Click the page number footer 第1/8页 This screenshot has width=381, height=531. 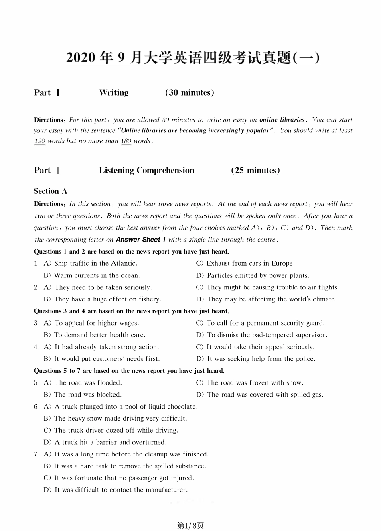click(x=190, y=525)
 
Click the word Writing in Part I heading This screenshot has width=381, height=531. click(x=114, y=93)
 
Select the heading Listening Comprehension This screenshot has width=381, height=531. click(x=146, y=171)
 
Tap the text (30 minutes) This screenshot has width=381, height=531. click(x=189, y=93)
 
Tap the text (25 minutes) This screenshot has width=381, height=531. click(x=255, y=171)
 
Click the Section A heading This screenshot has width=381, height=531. click(x=51, y=191)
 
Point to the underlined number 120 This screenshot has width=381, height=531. click(x=40, y=141)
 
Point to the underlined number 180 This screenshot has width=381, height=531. click(x=126, y=141)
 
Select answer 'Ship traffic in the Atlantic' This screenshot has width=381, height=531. click(x=95, y=264)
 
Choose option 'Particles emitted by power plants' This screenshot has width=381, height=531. click(x=258, y=276)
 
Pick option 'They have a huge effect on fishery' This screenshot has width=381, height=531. click(x=107, y=299)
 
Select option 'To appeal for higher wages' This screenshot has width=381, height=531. click(x=96, y=323)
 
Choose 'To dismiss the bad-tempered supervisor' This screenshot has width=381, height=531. click(x=267, y=335)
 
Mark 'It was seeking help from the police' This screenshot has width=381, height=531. click(x=261, y=359)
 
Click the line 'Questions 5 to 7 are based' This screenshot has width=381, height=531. click(x=129, y=371)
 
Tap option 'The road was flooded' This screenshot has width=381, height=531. click(x=88, y=383)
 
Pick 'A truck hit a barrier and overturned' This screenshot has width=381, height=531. click(x=110, y=442)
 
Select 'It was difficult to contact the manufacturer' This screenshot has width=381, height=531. click(x=121, y=490)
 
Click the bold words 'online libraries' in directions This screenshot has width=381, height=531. click(x=282, y=120)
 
